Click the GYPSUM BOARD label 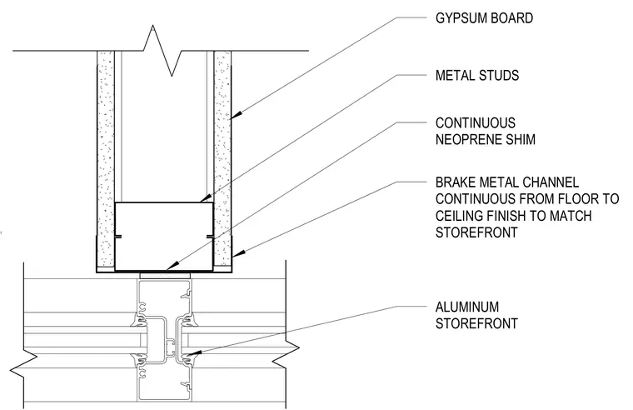[x=484, y=18]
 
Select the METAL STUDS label [x=477, y=76]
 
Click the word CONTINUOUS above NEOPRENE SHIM [x=476, y=122]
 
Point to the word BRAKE [x=456, y=182]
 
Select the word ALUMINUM [x=467, y=307]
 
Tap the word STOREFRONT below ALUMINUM [x=476, y=323]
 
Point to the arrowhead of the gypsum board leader [x=235, y=117]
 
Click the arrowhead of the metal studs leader [x=205, y=199]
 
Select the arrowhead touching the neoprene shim [x=171, y=267]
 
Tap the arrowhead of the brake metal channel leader [x=237, y=254]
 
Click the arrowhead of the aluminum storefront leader [x=192, y=354]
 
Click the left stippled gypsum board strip [x=106, y=158]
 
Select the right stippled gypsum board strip [x=222, y=158]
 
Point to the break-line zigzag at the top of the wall [x=162, y=51]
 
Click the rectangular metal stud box [x=164, y=237]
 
